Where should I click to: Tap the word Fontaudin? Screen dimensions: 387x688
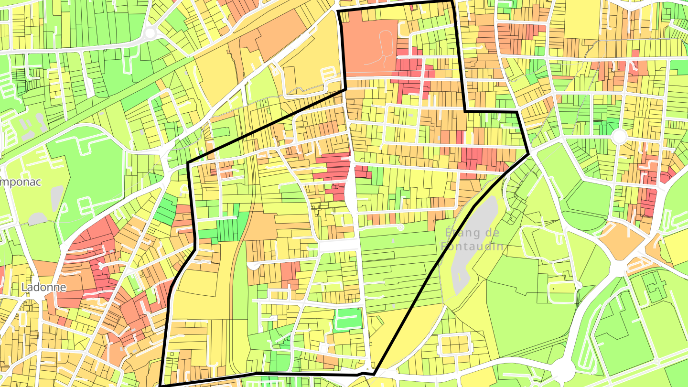tap(472, 247)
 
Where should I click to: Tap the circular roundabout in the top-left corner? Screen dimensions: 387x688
tap(150, 33)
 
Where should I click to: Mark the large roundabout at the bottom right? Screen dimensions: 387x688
tap(564, 369)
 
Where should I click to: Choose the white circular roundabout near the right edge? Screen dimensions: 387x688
tap(619, 137)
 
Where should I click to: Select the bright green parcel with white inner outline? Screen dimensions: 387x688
tap(348, 319)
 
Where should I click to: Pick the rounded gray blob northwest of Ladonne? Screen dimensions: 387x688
tap(37, 219)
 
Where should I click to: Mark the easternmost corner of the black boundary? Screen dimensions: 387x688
tap(529, 154)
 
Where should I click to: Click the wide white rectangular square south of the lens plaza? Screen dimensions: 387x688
tap(338, 245)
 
